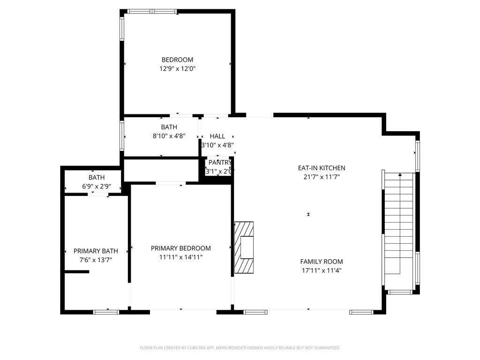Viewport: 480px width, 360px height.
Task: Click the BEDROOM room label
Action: (x=177, y=60)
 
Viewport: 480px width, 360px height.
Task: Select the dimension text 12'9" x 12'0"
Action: (x=177, y=68)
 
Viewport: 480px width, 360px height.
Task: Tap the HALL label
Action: (x=217, y=136)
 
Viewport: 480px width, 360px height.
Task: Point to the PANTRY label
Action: (x=219, y=163)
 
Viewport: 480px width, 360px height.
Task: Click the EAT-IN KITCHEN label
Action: (x=322, y=168)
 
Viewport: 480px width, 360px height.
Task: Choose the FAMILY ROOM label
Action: (x=322, y=262)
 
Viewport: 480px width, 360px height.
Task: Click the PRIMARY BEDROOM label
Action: (x=180, y=248)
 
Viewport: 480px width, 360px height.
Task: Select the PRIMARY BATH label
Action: (x=96, y=251)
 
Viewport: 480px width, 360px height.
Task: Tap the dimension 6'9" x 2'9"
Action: (x=97, y=186)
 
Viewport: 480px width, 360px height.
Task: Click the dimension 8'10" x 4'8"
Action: (x=169, y=136)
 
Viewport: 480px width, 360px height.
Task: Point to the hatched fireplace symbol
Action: (x=244, y=247)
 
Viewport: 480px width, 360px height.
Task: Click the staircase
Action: (x=399, y=225)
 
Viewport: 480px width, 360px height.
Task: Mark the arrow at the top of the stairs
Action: (x=400, y=175)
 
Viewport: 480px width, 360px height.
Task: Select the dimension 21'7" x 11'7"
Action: (x=322, y=177)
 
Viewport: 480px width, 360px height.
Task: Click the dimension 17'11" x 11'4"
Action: (x=322, y=270)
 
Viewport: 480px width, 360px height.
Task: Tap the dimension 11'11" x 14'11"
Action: (x=180, y=257)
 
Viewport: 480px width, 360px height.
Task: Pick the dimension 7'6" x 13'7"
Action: (x=96, y=260)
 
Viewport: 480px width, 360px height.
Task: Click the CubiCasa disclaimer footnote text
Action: (x=240, y=348)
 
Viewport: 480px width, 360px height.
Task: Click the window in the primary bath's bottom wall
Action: (x=106, y=311)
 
